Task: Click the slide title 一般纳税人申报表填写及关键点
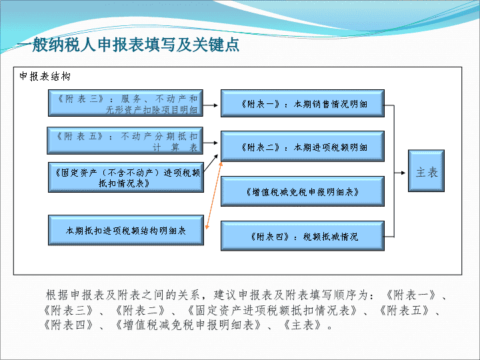[x=128, y=45]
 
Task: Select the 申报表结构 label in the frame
[x=45, y=76]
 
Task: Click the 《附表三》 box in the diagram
[x=125, y=103]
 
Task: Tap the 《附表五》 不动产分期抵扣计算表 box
[x=125, y=141]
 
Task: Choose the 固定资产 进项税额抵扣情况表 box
[x=126, y=177]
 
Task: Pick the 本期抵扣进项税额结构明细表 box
[x=126, y=230]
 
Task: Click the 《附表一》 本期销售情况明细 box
[x=303, y=103]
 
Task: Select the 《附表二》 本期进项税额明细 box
[x=303, y=146]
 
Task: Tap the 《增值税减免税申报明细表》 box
[x=303, y=191]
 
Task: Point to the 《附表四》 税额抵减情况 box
[x=303, y=236]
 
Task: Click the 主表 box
[x=426, y=171]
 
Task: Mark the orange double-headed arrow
[x=214, y=195]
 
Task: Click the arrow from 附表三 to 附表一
[x=210, y=105]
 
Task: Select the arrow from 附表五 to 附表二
[x=210, y=143]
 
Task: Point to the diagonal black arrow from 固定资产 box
[x=211, y=163]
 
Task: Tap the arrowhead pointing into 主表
[x=403, y=173]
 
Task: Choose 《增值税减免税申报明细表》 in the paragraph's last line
[x=187, y=325]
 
